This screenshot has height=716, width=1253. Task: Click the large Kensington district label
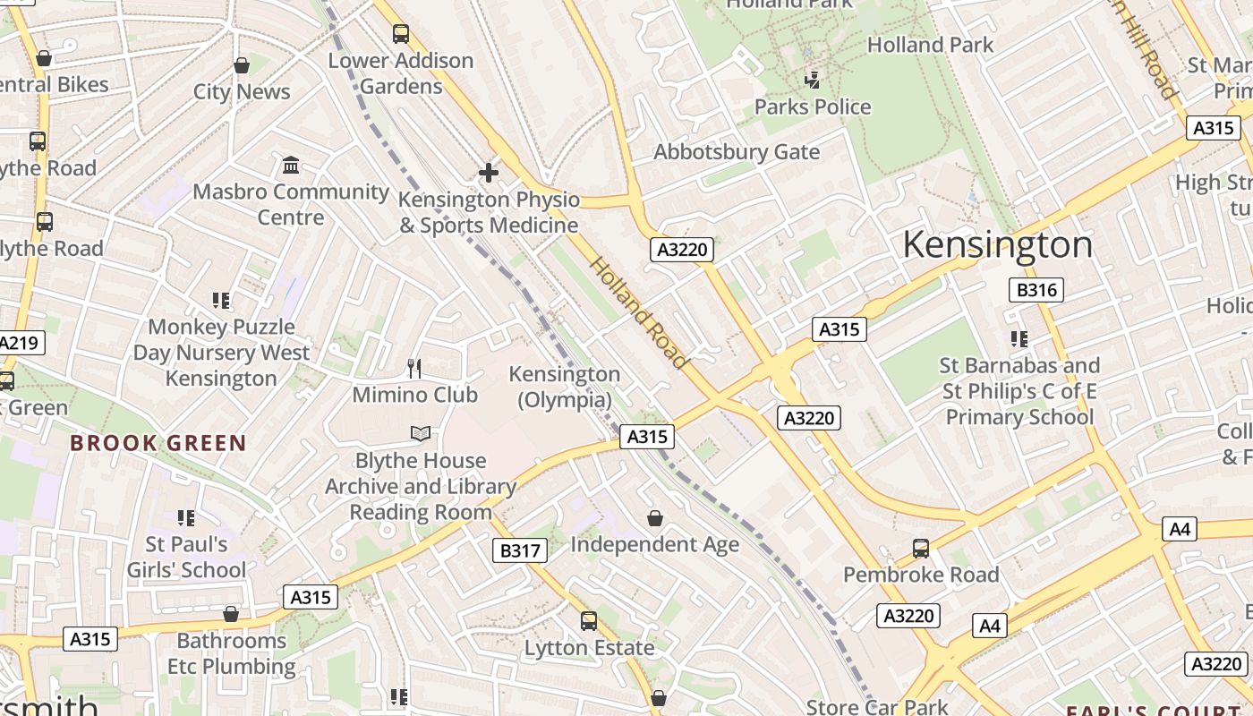pyautogui.click(x=997, y=244)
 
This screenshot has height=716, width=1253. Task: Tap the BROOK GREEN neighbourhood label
pyautogui.click(x=158, y=443)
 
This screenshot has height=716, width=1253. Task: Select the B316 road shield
pyautogui.click(x=1036, y=289)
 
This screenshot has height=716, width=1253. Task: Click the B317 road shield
pyautogui.click(x=519, y=550)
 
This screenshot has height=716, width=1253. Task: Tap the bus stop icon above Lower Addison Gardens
pyautogui.click(x=401, y=34)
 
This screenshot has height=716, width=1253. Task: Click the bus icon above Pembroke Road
pyautogui.click(x=920, y=548)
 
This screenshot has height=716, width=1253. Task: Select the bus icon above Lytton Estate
pyautogui.click(x=589, y=620)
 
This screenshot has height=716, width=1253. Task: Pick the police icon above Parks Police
pyautogui.click(x=812, y=81)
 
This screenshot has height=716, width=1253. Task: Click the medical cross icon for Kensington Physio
pyautogui.click(x=488, y=172)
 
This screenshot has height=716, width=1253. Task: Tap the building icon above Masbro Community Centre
pyautogui.click(x=291, y=166)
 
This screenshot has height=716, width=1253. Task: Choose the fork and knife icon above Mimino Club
pyautogui.click(x=414, y=369)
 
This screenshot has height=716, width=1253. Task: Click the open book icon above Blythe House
pyautogui.click(x=421, y=434)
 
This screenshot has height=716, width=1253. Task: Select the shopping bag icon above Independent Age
pyautogui.click(x=655, y=518)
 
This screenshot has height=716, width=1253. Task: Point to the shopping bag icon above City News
pyautogui.click(x=242, y=65)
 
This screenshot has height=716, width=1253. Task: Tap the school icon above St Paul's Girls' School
pyautogui.click(x=186, y=517)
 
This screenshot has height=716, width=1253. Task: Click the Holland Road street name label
pyautogui.click(x=639, y=312)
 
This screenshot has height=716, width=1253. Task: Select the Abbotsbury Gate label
pyautogui.click(x=737, y=152)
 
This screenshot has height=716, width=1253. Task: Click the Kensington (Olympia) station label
pyautogui.click(x=565, y=387)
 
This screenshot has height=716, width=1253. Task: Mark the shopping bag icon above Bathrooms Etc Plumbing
pyautogui.click(x=231, y=614)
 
